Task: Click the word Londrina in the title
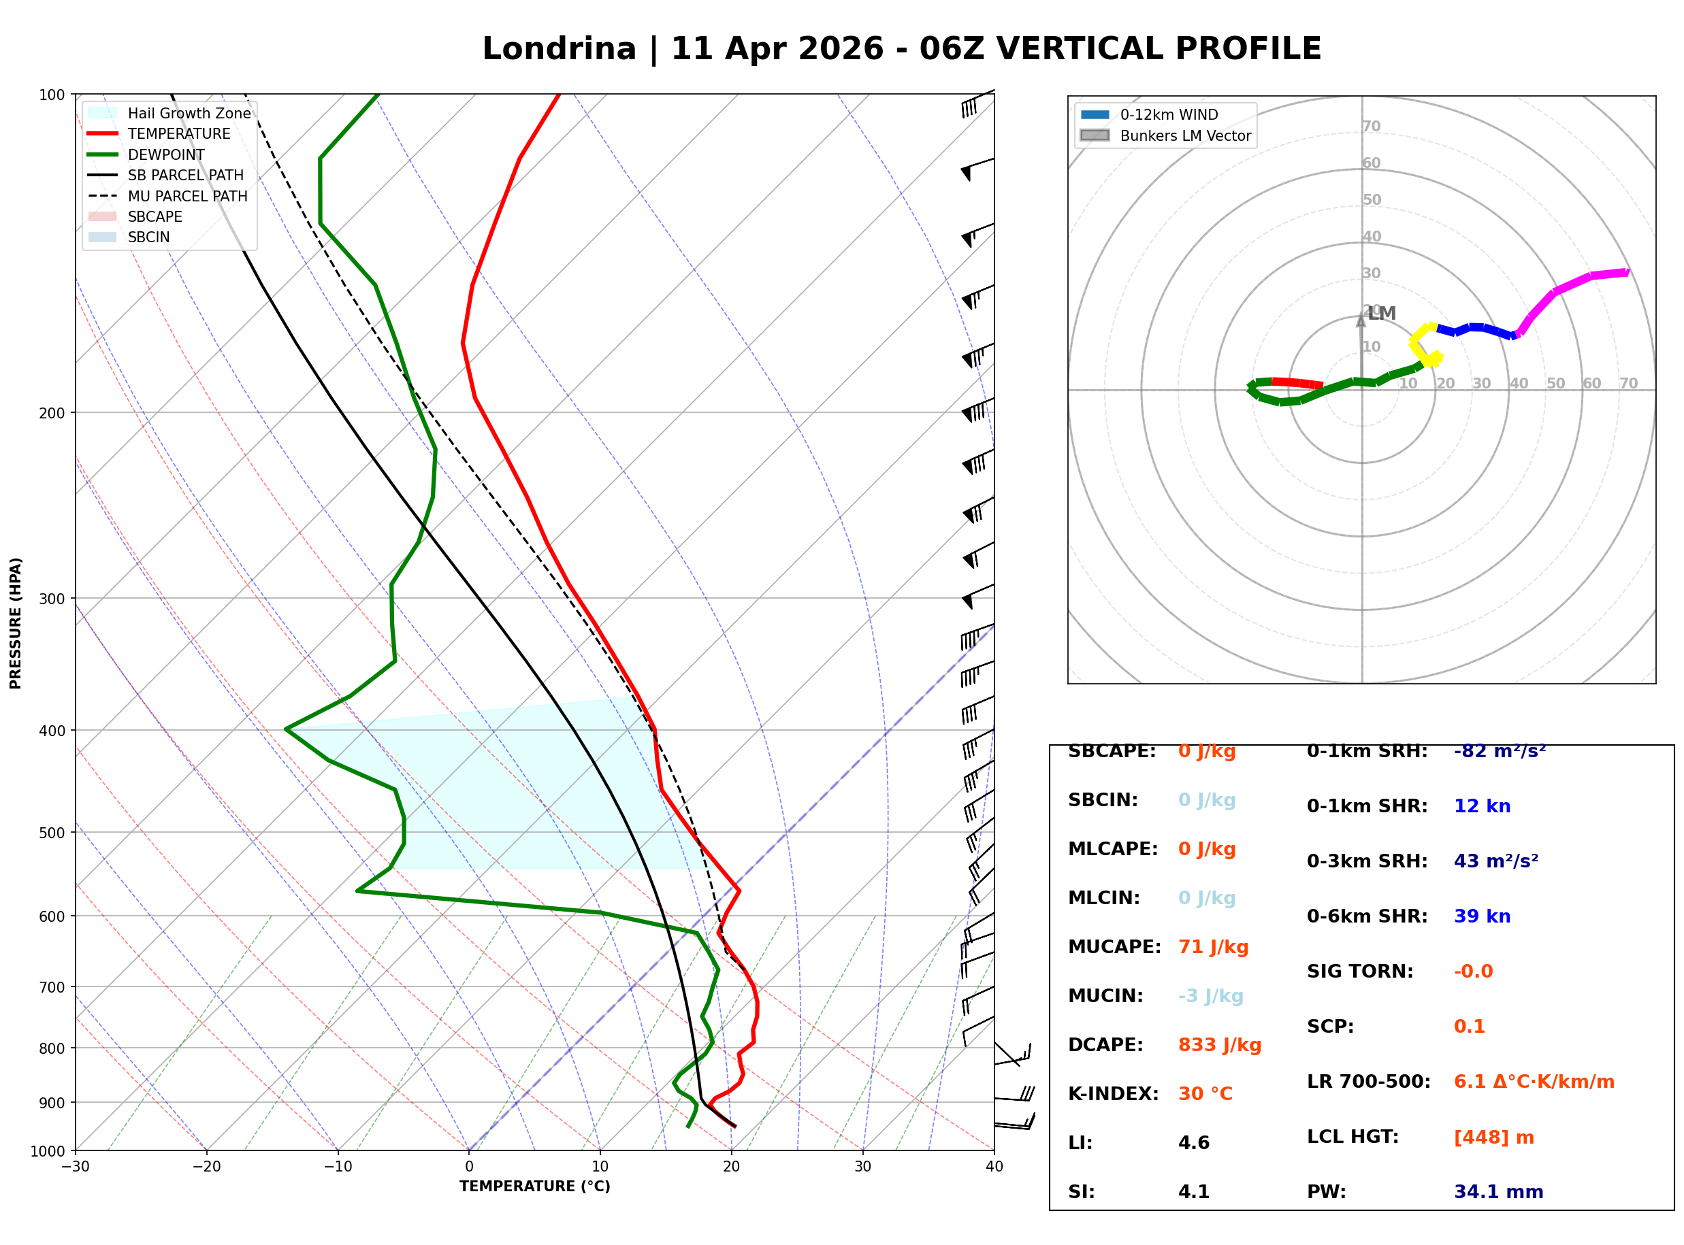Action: pos(560,49)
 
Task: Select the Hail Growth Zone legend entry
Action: pos(169,113)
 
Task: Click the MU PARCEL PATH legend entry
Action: pos(168,196)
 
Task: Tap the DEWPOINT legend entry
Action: pos(146,154)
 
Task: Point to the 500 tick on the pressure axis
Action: pos(51,833)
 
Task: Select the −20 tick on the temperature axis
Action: pos(206,1167)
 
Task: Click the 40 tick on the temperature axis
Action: pos(994,1167)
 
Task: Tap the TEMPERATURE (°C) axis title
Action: pos(534,1187)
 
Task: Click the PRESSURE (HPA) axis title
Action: pos(16,623)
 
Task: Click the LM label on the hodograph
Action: pos(1382,314)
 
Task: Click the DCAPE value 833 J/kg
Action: pos(1220,1045)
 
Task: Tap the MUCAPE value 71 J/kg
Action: pos(1214,947)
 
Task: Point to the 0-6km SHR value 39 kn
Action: pos(1482,916)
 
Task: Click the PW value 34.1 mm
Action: pos(1499,1192)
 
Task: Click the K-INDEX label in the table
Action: pos(1114,1094)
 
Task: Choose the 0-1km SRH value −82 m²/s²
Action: pos(1500,751)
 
